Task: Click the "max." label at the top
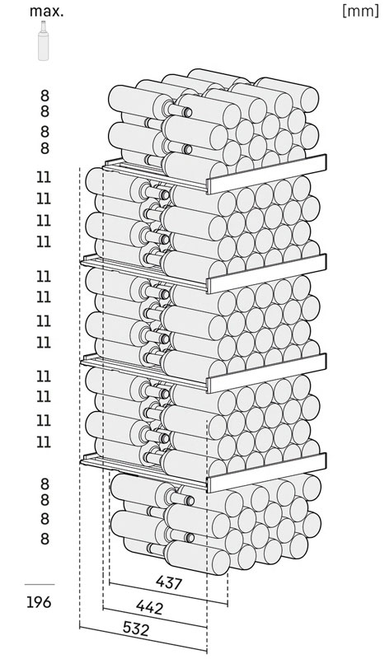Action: pyautogui.click(x=46, y=12)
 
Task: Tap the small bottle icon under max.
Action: pyautogui.click(x=43, y=40)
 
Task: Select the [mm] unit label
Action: pyautogui.click(x=360, y=12)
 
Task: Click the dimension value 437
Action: pyautogui.click(x=169, y=582)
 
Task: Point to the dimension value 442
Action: pyautogui.click(x=149, y=606)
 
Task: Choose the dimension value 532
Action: pyautogui.click(x=136, y=629)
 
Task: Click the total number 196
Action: pyautogui.click(x=39, y=602)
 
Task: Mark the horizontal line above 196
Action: pyautogui.click(x=40, y=584)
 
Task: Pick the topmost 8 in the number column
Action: pyautogui.click(x=45, y=96)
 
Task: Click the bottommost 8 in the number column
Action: pyautogui.click(x=45, y=539)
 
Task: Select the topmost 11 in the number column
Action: pyautogui.click(x=44, y=177)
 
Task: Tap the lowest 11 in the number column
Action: pyautogui.click(x=44, y=442)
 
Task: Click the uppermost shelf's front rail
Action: pyautogui.click(x=267, y=174)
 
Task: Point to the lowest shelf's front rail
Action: pyautogui.click(x=267, y=472)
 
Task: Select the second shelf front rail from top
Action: pyautogui.click(x=267, y=273)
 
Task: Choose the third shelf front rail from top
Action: pyautogui.click(x=267, y=373)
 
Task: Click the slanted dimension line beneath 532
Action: pyautogui.click(x=143, y=639)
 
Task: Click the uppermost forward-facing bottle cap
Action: pyautogui.click(x=188, y=112)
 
